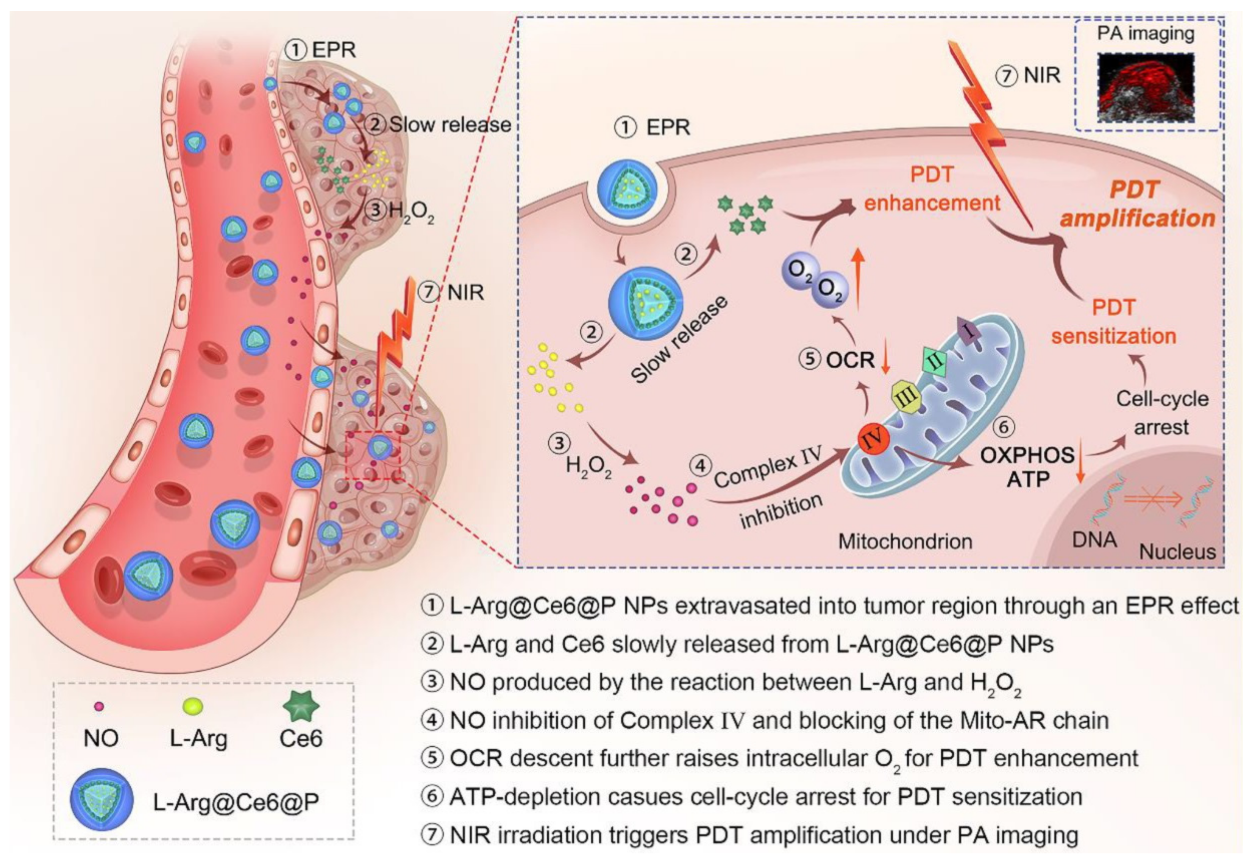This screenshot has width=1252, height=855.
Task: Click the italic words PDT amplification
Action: pos(1137,205)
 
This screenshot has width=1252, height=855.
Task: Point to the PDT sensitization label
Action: pos(1113,322)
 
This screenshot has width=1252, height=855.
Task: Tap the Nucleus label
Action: pos(1177,551)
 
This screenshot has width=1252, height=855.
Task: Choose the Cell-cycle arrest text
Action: pos(1161,413)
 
